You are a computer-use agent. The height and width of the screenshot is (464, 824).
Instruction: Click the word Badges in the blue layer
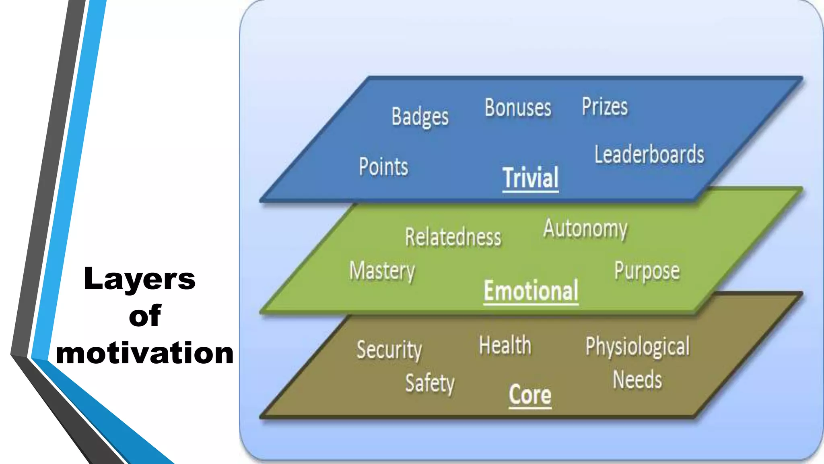point(420,117)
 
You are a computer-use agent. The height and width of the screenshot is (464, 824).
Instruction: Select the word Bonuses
point(518,108)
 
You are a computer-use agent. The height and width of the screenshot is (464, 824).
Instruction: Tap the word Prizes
point(604,107)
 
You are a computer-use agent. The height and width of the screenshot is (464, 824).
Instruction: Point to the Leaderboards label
point(649,155)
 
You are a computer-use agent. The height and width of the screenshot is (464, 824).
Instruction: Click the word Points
point(383,167)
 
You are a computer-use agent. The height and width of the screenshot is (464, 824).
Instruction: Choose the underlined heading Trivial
point(530,178)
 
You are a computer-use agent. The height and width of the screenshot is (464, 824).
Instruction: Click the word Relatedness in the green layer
point(453,237)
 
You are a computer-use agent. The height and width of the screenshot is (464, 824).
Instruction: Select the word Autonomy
point(585,229)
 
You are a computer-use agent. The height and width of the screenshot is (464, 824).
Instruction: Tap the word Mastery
point(382,271)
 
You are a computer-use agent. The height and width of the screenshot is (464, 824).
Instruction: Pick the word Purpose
point(647,271)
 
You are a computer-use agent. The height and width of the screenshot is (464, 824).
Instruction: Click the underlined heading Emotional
point(531,290)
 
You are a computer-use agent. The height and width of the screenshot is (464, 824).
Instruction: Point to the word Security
point(389,350)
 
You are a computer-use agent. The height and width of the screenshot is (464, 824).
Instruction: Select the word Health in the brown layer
point(505,346)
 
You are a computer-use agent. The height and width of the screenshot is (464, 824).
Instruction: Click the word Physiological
point(637,347)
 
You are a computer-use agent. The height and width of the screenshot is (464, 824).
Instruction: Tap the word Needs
point(637,380)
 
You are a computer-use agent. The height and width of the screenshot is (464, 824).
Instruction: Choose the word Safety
point(430,383)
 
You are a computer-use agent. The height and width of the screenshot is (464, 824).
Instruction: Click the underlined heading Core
point(530,395)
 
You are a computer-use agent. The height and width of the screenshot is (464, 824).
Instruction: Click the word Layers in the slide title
point(139,279)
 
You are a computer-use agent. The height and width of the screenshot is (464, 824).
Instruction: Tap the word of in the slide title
point(145,316)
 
